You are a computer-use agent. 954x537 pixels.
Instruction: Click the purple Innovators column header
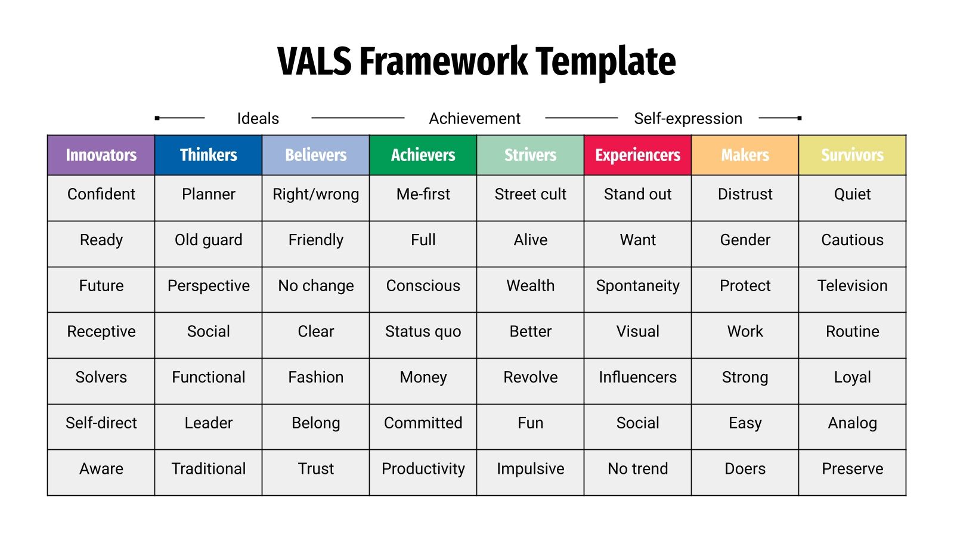click(x=101, y=155)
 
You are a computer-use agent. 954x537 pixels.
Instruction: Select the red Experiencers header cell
click(x=637, y=155)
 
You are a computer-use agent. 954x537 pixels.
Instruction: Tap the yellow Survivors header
click(x=852, y=155)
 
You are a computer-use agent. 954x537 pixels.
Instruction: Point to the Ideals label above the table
click(x=258, y=119)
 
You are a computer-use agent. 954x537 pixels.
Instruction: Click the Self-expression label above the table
click(x=687, y=119)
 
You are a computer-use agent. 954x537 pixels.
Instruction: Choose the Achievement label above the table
click(x=475, y=119)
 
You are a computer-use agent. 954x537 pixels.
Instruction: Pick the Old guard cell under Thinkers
click(x=208, y=240)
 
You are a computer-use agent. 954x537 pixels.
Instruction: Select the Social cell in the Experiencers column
click(x=637, y=423)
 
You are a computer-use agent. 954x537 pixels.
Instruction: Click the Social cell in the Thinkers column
click(x=208, y=332)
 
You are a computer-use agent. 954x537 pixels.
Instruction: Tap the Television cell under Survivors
click(x=852, y=286)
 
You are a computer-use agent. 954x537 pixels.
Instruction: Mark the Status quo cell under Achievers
click(x=423, y=332)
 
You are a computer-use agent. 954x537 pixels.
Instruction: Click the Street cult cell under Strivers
click(x=530, y=195)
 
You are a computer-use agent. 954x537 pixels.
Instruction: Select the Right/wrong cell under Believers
click(x=315, y=195)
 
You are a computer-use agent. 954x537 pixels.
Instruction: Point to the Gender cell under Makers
click(x=745, y=240)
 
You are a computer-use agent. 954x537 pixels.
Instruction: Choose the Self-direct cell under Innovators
click(x=101, y=423)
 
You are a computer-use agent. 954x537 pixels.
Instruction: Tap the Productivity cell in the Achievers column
click(x=423, y=469)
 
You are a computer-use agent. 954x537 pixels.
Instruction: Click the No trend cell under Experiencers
click(x=637, y=469)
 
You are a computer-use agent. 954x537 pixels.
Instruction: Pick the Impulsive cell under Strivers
click(x=530, y=469)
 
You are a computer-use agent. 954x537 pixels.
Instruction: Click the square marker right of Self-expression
click(x=800, y=118)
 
